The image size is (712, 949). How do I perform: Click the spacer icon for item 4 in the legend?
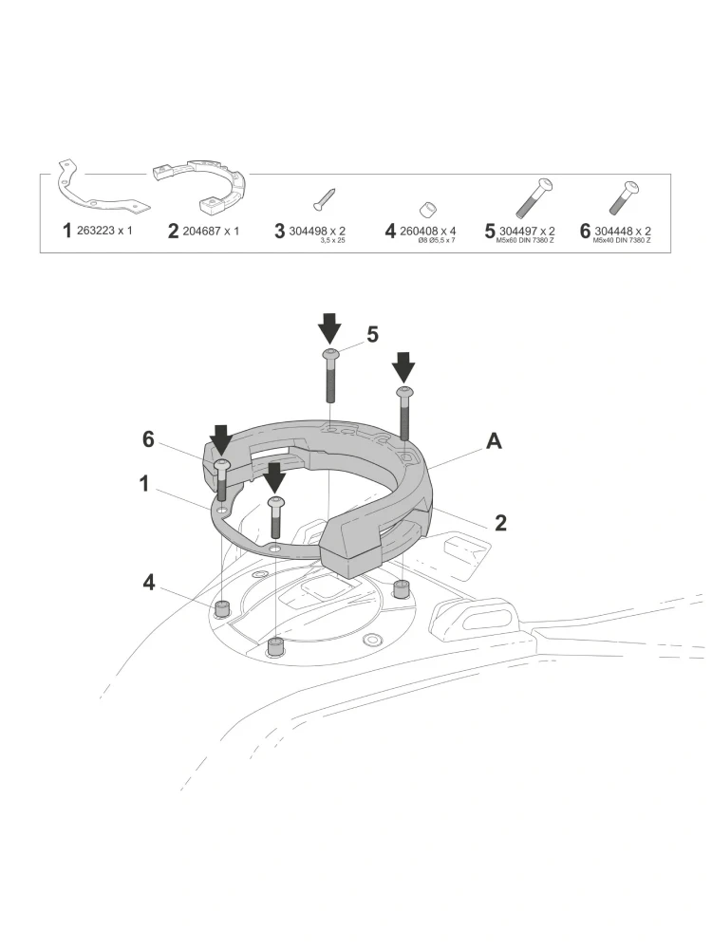[x=428, y=209]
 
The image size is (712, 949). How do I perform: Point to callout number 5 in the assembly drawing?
[x=372, y=334]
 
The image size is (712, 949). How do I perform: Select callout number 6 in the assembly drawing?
[x=148, y=438]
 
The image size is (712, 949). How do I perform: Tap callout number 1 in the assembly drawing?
[x=144, y=483]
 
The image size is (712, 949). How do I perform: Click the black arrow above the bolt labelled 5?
[x=329, y=328]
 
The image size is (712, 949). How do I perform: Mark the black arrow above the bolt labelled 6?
[x=221, y=438]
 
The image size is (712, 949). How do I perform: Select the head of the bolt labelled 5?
[x=329, y=354]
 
